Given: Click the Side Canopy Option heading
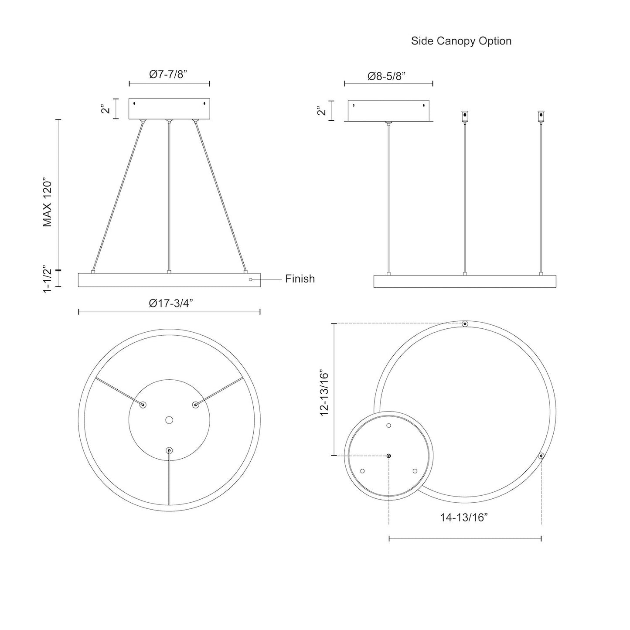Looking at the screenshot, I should [461, 41].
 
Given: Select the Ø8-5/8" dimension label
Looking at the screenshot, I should [387, 76].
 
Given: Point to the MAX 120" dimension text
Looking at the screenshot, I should [48, 202].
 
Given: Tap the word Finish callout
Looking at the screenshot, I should [300, 279].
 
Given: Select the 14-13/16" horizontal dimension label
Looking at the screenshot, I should [463, 518].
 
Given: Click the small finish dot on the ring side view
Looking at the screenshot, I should [250, 279].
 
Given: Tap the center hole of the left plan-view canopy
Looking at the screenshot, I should [169, 420].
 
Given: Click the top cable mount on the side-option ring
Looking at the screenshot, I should [465, 324].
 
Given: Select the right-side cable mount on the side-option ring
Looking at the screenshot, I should [541, 456].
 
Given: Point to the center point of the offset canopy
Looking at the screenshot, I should [389, 456].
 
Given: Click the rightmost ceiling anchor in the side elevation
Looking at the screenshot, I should [541, 116].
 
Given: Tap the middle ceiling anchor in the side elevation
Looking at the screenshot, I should [465, 116].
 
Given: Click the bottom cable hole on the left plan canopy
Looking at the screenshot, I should [169, 450].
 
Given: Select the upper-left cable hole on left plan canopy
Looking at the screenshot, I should [143, 405].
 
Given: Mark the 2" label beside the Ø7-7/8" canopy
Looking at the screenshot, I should [103, 109].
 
